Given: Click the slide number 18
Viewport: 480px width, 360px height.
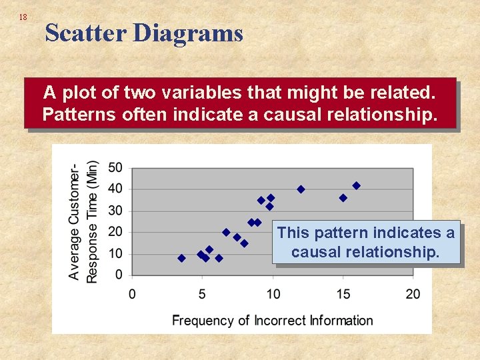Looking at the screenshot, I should (x=23, y=17).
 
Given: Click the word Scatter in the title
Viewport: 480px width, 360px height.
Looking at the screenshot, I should (x=85, y=33).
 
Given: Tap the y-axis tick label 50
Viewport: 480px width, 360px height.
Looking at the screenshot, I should (x=115, y=167).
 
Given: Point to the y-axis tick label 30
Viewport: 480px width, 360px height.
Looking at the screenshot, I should (x=115, y=211).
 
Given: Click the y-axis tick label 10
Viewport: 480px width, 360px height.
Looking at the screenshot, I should (x=115, y=253).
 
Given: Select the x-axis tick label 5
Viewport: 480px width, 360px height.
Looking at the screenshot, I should (x=202, y=294).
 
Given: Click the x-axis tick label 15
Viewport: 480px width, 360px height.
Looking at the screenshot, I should (x=343, y=294).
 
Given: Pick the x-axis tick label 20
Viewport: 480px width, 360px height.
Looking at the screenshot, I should (x=413, y=294).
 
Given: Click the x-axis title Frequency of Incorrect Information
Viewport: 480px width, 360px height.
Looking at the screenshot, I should (x=273, y=321).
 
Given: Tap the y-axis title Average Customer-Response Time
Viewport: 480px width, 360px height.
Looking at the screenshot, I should (x=83, y=221).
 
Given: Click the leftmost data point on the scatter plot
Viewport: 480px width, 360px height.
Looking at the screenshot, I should (x=181, y=258).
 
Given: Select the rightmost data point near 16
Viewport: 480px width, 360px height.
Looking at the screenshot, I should (x=356, y=185).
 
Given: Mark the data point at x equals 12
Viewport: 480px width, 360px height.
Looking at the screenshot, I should (x=301, y=189).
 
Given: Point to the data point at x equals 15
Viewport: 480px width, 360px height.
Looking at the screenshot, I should (x=343, y=198).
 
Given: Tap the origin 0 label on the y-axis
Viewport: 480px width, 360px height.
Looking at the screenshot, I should (x=119, y=275).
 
